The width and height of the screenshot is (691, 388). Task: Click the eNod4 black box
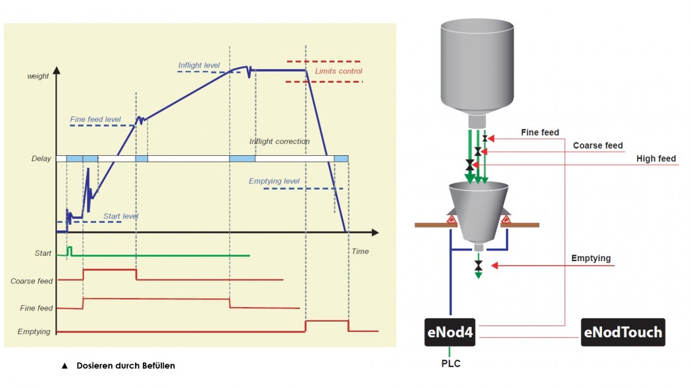[450, 332]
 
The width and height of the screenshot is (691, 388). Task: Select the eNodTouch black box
[623, 332]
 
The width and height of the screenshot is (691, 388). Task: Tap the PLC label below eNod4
[451, 364]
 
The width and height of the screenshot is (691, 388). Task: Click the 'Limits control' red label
[338, 71]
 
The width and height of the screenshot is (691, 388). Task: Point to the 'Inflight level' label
[199, 65]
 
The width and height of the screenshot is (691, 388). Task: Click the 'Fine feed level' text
[95, 119]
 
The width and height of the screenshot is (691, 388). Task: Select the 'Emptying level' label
[274, 181]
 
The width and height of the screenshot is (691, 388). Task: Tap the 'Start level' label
[120, 216]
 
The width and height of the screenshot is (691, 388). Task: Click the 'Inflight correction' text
[280, 141]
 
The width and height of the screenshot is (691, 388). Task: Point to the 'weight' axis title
[38, 76]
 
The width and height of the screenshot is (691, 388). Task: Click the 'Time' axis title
[360, 251]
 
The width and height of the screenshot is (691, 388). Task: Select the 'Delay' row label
[41, 158]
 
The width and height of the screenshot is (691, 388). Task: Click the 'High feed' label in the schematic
[655, 158]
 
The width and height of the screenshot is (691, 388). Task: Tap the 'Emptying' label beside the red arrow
[591, 258]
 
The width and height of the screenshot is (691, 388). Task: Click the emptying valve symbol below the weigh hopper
[478, 266]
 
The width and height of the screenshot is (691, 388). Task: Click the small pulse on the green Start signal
[69, 251]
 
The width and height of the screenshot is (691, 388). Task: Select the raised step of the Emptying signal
[326, 321]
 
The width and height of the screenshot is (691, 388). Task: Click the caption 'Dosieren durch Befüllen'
[126, 366]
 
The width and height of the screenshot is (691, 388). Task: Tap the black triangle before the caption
[64, 366]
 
